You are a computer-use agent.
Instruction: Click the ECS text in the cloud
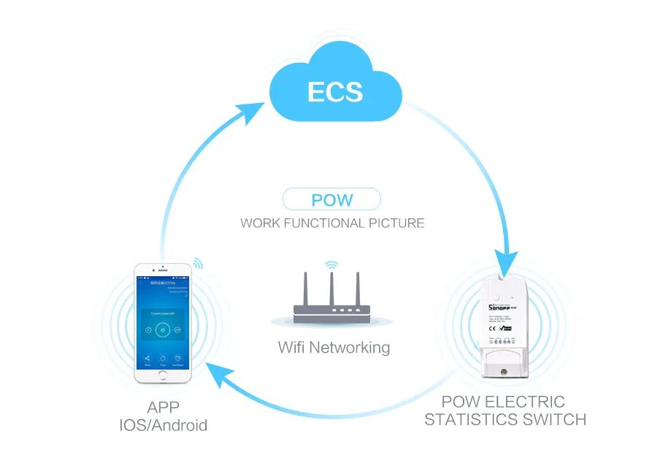334,91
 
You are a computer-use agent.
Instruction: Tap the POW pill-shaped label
332,199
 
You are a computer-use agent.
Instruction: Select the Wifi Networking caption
334,347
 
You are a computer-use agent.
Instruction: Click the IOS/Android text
163,425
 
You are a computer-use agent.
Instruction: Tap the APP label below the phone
163,408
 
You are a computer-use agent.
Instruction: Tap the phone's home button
162,374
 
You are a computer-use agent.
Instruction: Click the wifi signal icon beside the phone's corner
198,263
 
